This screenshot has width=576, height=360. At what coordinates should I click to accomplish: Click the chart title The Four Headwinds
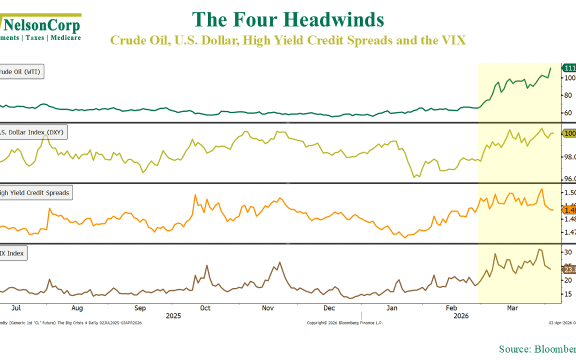point(288,20)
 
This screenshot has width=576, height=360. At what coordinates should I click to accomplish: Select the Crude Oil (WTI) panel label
point(21,72)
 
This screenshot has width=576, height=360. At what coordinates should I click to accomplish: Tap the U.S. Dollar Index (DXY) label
point(33,132)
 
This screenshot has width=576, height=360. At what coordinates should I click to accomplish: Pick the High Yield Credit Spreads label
point(36,193)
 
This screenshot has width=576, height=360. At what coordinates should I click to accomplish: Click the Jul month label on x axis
point(16,308)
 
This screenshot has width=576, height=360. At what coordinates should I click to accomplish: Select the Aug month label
point(77,308)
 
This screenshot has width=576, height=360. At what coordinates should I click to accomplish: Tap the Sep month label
point(140,308)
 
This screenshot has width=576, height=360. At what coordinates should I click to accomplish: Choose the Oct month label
point(205,308)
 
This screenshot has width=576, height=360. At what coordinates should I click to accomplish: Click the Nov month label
point(268,308)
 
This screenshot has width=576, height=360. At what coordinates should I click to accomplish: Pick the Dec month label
point(329,308)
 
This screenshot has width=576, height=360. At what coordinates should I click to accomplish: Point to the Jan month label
point(392,308)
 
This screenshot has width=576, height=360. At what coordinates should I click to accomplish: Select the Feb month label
point(452,308)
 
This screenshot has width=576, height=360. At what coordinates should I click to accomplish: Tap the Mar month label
point(513,308)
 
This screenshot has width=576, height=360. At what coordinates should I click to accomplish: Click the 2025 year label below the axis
point(173,316)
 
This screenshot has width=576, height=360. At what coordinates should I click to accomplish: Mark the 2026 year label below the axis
point(460,316)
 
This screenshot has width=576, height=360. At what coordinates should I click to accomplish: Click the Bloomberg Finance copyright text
point(345,323)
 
